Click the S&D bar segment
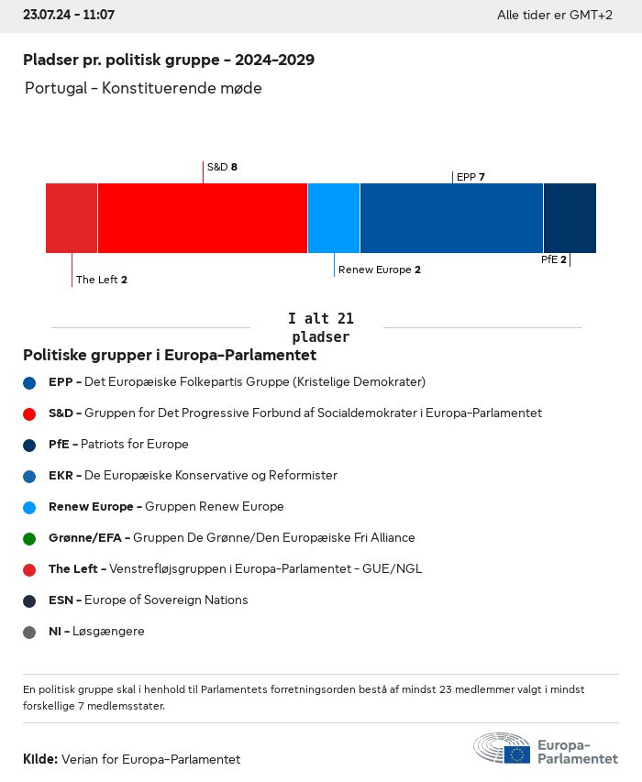click(203, 218)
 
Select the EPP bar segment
click(451, 218)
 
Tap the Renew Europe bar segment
click(334, 218)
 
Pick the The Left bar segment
click(72, 218)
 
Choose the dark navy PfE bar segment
click(570, 218)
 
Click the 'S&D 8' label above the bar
click(222, 167)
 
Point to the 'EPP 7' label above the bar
click(470, 177)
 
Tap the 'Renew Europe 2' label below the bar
click(379, 270)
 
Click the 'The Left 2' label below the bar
click(102, 280)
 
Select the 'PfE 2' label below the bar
click(554, 259)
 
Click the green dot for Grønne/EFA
click(29, 538)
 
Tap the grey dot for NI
click(29, 632)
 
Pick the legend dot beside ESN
click(29, 600)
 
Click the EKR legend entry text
click(193, 475)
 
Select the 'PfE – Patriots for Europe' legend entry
click(118, 444)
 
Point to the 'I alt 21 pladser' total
click(320, 327)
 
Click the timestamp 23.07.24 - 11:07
click(69, 16)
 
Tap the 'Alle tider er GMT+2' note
click(554, 16)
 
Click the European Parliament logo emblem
click(502, 748)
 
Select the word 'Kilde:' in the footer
click(40, 759)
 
